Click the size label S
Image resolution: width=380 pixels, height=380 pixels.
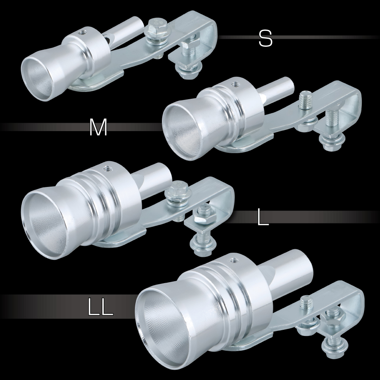pos(265,38)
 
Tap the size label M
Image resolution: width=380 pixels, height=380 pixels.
pos(98,127)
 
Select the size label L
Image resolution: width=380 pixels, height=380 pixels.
pos(263,217)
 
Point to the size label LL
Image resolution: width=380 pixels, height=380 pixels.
pos(100,307)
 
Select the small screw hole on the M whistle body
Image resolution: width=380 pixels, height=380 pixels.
pos(234,85)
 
